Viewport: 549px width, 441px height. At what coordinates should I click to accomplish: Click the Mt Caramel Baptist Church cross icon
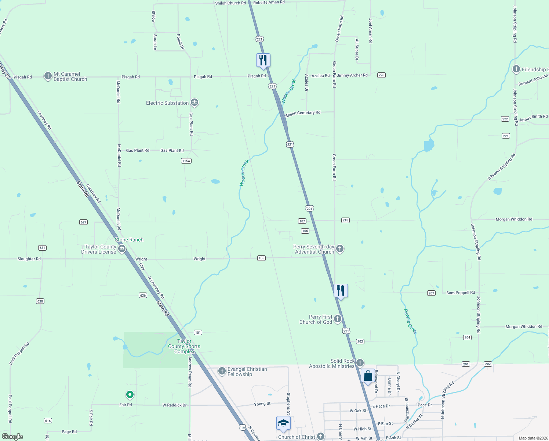tap(48, 76)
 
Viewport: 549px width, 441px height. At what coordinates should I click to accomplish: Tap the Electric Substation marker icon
tap(194, 103)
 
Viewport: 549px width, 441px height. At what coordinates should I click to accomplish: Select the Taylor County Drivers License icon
tap(122, 249)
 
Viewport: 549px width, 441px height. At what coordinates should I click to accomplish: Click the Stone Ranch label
tap(129, 240)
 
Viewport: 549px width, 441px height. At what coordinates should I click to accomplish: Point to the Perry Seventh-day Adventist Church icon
tap(340, 249)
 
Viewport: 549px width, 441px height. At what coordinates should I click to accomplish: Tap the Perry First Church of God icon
tap(338, 319)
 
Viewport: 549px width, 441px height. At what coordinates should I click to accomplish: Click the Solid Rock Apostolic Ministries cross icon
tap(360, 363)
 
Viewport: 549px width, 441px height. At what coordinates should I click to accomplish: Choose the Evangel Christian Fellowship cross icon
tap(222, 371)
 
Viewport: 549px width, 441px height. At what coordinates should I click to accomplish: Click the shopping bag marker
tap(368, 376)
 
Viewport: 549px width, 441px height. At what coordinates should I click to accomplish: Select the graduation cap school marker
tap(283, 423)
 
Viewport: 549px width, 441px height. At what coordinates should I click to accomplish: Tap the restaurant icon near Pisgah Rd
tap(263, 60)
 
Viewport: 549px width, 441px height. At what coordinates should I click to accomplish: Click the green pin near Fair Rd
tap(130, 395)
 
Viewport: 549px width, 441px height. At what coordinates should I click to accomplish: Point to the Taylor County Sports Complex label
tap(184, 346)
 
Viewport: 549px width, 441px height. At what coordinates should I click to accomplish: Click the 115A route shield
tap(186, 161)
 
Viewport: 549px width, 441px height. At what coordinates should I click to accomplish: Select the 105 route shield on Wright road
tap(261, 258)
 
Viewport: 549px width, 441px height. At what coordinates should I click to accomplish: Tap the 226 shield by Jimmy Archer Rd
tap(381, 75)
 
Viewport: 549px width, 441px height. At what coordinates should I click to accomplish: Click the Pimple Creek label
tap(410, 321)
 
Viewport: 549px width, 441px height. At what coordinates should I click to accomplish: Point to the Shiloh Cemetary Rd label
tap(303, 113)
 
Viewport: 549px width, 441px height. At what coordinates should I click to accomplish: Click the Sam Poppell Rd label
tap(460, 293)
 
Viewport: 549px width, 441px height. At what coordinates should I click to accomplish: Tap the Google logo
tap(12, 437)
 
